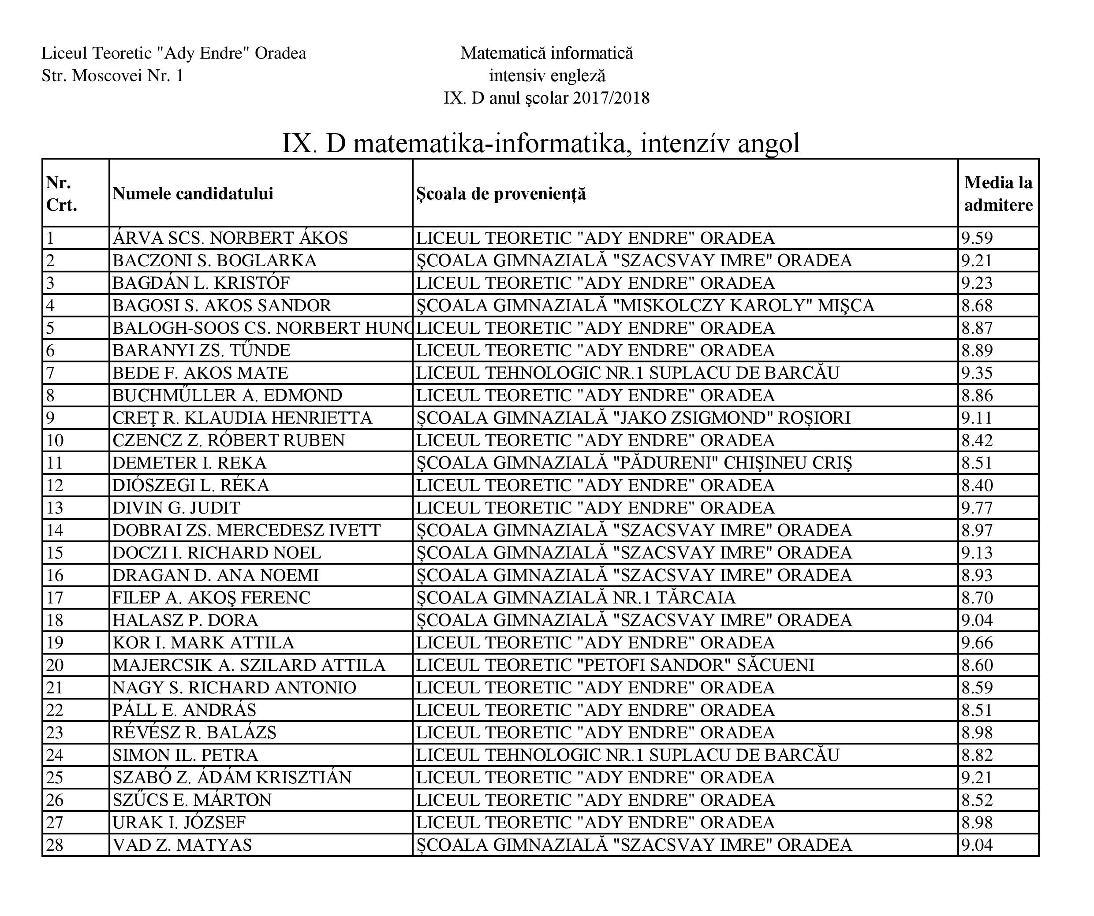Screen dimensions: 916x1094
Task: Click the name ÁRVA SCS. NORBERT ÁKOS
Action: [230, 238]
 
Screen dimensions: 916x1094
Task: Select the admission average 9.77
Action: [977, 508]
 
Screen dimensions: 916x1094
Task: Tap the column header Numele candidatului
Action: [193, 194]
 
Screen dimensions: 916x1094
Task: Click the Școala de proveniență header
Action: [501, 194]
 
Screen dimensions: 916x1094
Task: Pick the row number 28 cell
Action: [55, 845]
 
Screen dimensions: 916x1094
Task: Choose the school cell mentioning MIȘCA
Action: [645, 305]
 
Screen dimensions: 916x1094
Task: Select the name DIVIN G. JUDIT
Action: [176, 508]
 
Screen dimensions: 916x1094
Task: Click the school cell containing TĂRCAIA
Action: [575, 598]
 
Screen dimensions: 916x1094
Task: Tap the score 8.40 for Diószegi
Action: [977, 485]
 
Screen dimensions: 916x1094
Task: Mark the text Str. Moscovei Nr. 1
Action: [112, 76]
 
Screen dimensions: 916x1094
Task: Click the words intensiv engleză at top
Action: [547, 76]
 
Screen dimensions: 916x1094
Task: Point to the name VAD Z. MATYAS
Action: [183, 845]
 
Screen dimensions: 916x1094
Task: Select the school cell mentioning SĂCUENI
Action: [615, 666]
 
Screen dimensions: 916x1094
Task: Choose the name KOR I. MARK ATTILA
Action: [203, 643]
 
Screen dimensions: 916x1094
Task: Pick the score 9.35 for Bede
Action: [977, 373]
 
